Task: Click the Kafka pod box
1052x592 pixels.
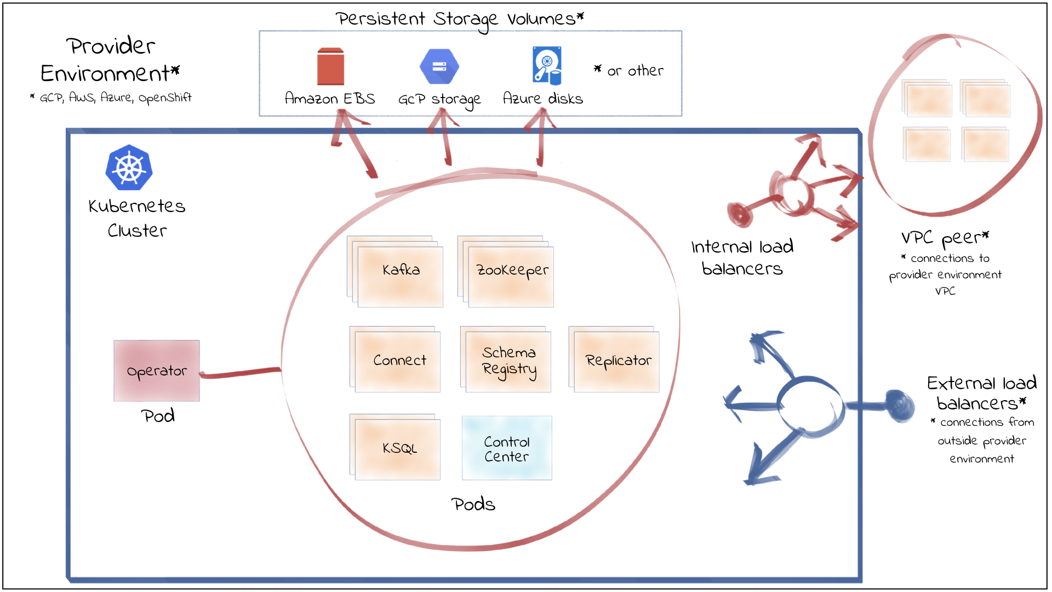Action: (399, 276)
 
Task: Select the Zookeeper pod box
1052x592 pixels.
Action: (510, 276)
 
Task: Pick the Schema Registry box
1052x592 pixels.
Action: (508, 362)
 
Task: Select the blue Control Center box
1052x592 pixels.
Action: (507, 448)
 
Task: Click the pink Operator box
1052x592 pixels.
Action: (157, 371)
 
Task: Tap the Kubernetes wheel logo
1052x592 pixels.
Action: (129, 168)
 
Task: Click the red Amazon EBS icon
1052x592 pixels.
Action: (330, 67)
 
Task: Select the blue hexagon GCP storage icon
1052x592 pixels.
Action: (439, 67)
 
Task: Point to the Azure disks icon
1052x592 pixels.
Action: (547, 66)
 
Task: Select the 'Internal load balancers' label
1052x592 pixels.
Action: (742, 258)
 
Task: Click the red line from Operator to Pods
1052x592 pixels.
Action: (241, 373)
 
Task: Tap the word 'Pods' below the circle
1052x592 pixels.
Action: (473, 504)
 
